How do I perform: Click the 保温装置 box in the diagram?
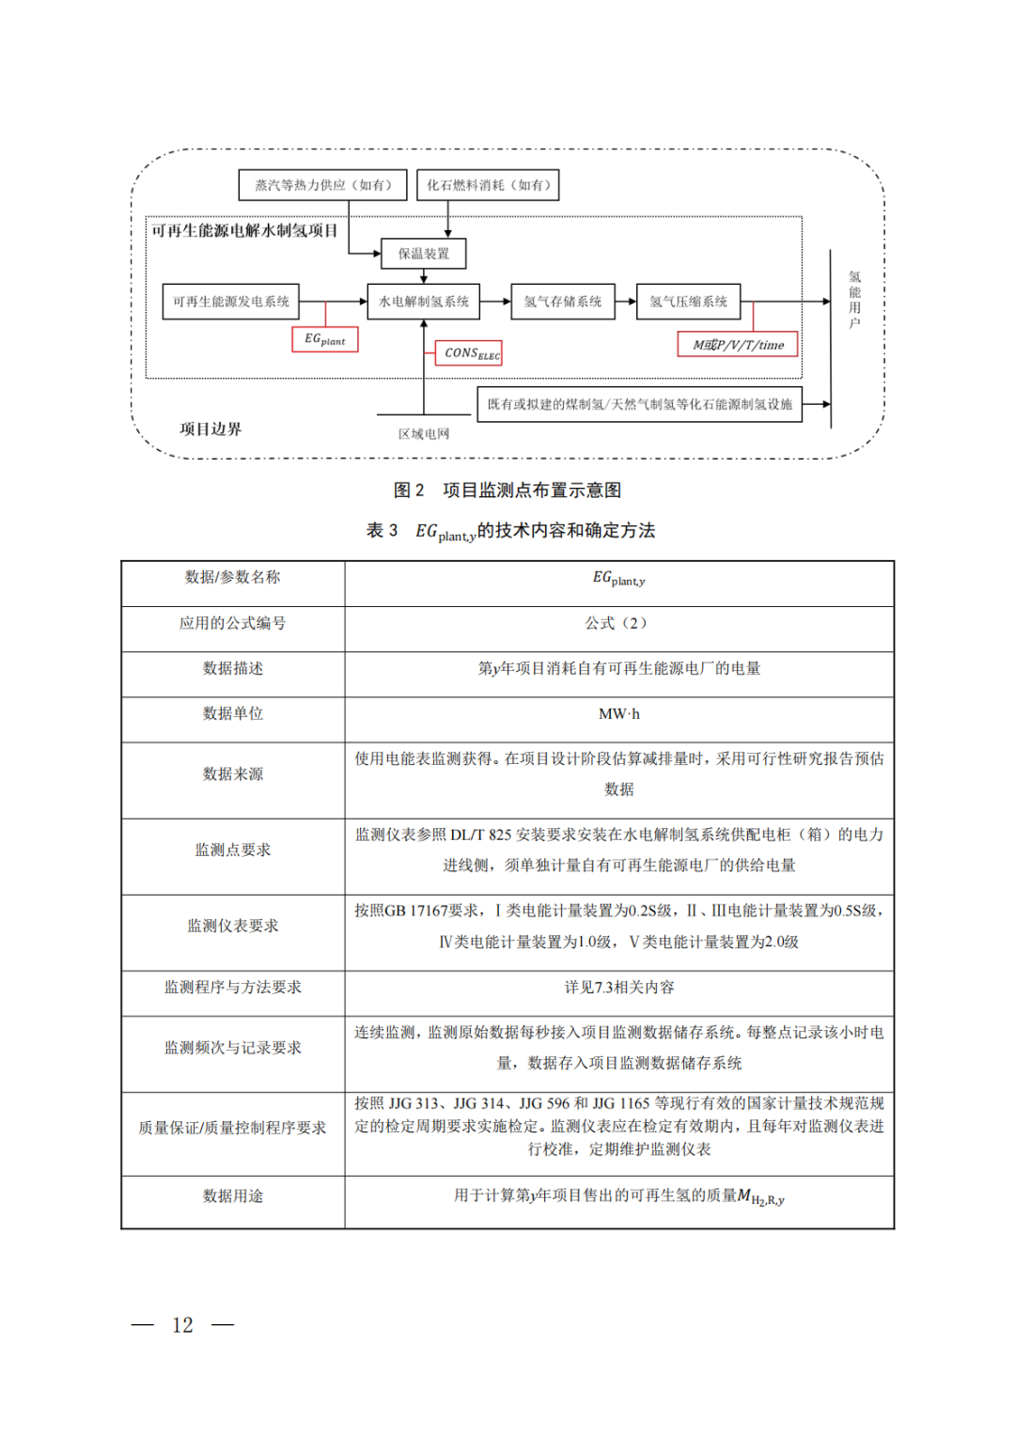(x=424, y=254)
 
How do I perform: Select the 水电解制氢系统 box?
(x=423, y=302)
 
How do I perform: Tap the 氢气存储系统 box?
(x=563, y=302)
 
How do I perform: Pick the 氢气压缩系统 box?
(x=688, y=302)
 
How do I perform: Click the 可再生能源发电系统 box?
(x=231, y=302)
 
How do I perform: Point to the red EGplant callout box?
(x=325, y=339)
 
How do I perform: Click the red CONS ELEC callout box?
(x=469, y=353)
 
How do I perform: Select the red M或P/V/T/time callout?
(x=738, y=345)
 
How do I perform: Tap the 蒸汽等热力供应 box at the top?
(x=323, y=185)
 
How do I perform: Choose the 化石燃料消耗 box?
(x=489, y=185)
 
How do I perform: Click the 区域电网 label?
(x=424, y=434)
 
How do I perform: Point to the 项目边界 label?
(x=211, y=429)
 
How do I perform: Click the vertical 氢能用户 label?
(x=854, y=300)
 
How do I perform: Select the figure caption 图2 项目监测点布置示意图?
(x=507, y=491)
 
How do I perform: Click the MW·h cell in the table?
(x=618, y=714)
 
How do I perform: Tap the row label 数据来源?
(x=232, y=774)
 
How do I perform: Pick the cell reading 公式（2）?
(x=618, y=623)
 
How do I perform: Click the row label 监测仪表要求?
(x=232, y=926)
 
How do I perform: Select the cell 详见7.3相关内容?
(x=618, y=988)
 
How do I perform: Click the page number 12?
(x=182, y=1325)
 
